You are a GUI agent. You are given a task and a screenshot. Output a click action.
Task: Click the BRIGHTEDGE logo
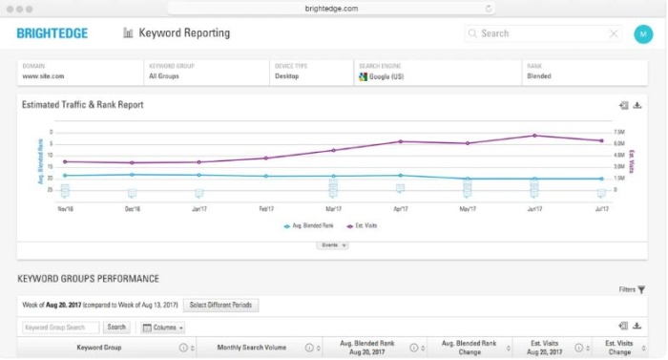tap(52, 33)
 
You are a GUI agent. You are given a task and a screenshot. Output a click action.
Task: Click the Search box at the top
tap(542, 33)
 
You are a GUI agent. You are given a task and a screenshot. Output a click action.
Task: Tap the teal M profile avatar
tap(642, 33)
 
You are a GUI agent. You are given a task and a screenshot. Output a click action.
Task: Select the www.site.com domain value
tap(43, 75)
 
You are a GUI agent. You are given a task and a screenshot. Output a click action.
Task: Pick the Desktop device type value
tap(286, 75)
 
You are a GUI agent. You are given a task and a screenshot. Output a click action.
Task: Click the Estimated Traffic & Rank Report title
tap(82, 105)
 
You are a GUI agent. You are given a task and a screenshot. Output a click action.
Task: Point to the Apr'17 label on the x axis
tap(400, 208)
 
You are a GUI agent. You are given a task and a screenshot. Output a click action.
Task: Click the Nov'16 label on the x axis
tap(65, 208)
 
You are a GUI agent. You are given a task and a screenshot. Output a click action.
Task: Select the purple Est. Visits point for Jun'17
tap(534, 136)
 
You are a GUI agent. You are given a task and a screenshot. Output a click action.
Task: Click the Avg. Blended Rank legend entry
tap(310, 226)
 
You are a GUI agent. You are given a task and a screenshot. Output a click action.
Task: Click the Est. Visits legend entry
tap(364, 226)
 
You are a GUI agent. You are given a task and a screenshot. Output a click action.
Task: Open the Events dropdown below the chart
tap(332, 245)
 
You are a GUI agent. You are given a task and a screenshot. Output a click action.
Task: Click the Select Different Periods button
tap(220, 306)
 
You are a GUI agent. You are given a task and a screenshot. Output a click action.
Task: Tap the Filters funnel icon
tap(641, 288)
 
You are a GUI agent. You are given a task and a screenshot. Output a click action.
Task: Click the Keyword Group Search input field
tap(60, 328)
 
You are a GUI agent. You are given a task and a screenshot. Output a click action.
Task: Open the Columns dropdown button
tap(162, 328)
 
